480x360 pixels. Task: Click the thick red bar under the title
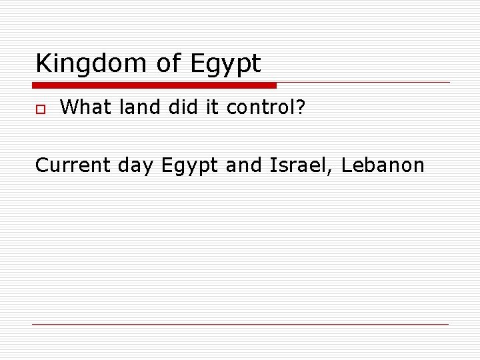[x=154, y=85]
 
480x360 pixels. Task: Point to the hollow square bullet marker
[x=40, y=108]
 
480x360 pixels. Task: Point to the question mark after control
[x=301, y=107]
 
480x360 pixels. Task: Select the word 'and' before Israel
[x=245, y=165]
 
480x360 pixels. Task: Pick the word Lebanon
[x=383, y=165]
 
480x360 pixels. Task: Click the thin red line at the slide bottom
[x=240, y=324]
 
